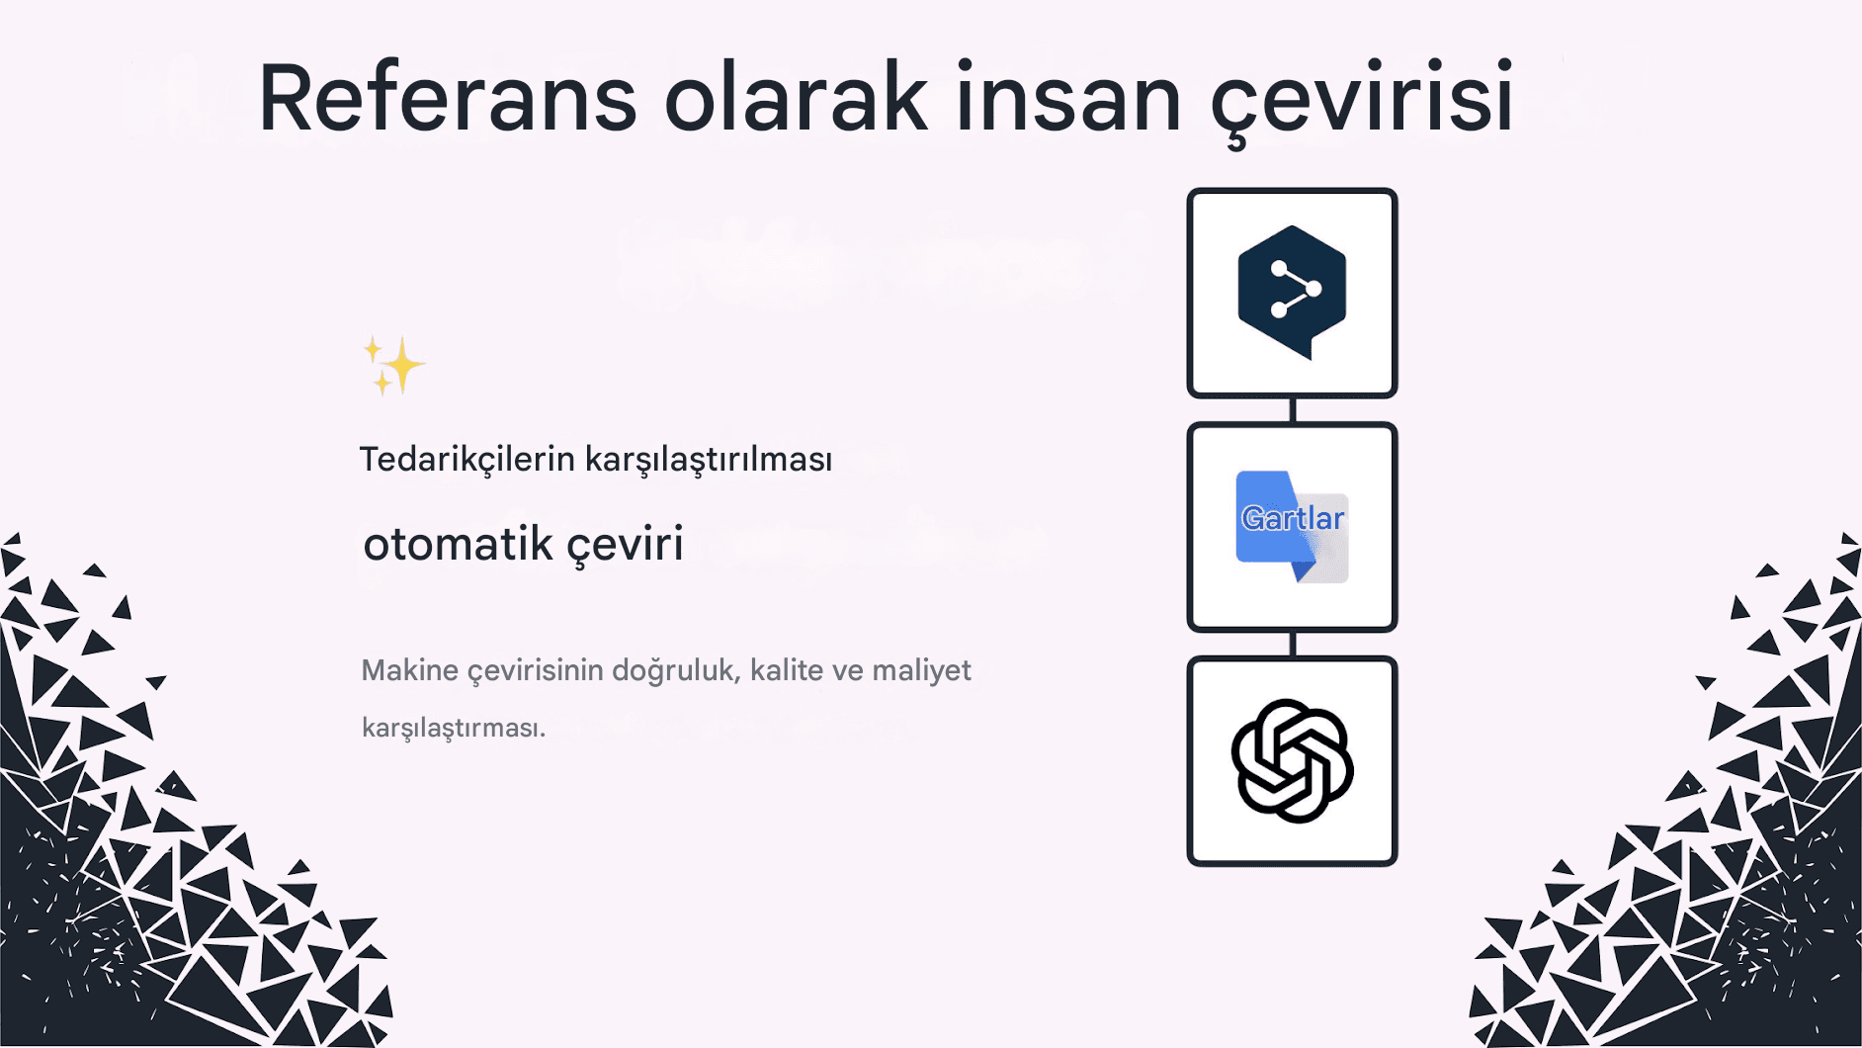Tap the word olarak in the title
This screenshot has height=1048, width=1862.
tap(796, 98)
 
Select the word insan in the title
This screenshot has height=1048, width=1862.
tap(1068, 98)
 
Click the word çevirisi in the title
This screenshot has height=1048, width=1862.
tap(1363, 98)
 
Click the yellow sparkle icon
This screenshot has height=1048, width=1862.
tap(393, 366)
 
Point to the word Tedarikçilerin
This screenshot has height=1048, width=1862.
tap(466, 460)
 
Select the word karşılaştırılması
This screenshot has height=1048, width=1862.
tap(709, 460)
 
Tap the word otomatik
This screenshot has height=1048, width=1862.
tap(458, 544)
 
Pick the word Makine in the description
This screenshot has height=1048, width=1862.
tap(409, 670)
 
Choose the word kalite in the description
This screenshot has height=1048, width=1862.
tap(786, 670)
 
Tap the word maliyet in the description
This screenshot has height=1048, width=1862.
tap(921, 670)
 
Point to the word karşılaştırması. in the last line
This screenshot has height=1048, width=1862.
tap(454, 728)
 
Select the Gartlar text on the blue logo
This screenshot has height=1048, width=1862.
tap(1292, 518)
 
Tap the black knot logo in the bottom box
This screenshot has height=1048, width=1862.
tap(1292, 760)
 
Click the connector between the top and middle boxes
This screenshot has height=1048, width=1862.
tap(1293, 410)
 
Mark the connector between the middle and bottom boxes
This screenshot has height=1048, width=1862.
tap(1293, 644)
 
